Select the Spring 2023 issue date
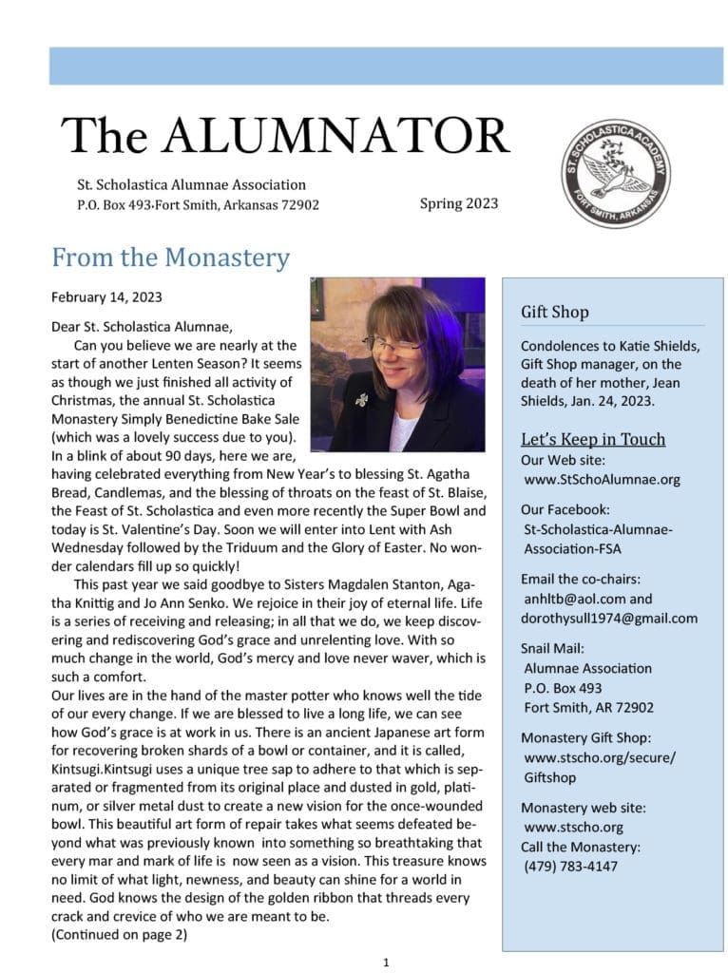[458, 203]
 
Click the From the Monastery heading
[170, 257]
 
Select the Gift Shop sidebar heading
[554, 312]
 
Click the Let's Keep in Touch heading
[592, 439]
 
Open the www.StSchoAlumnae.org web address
[602, 479]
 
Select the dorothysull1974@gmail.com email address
[609, 618]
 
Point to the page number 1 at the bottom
[386, 963]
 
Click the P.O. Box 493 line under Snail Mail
[563, 688]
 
